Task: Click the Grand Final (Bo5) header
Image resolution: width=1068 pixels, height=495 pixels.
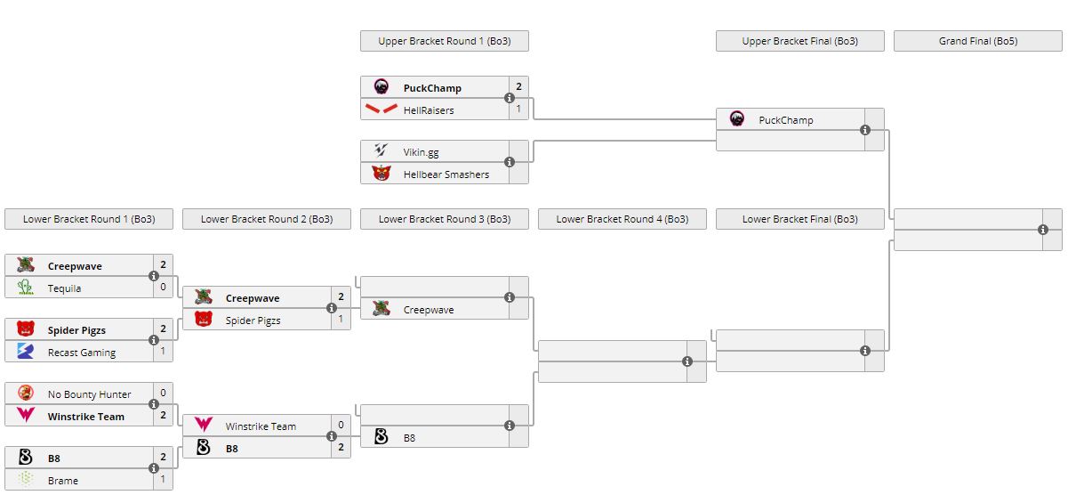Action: pyautogui.click(x=977, y=41)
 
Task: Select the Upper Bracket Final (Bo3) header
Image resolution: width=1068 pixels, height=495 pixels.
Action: pyautogui.click(x=799, y=41)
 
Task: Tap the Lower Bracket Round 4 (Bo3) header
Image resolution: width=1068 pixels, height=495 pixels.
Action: pyautogui.click(x=622, y=219)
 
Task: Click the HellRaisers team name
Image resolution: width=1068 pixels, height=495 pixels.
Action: pyautogui.click(x=429, y=110)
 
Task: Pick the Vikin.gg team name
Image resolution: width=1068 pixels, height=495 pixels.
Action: pyautogui.click(x=421, y=152)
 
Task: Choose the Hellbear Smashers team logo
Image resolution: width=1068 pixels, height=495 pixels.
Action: pyautogui.click(x=381, y=174)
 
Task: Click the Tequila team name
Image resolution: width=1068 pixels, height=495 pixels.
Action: pyautogui.click(x=64, y=288)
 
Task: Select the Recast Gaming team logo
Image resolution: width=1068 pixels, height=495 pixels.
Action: pyautogui.click(x=26, y=352)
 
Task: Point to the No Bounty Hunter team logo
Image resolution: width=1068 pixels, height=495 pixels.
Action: pyautogui.click(x=26, y=394)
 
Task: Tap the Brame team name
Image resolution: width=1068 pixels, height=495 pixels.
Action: pyautogui.click(x=62, y=481)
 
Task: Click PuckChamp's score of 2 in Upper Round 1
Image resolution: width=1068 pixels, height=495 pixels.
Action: pyautogui.click(x=518, y=87)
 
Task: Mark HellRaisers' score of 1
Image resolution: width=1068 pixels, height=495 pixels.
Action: pyautogui.click(x=518, y=110)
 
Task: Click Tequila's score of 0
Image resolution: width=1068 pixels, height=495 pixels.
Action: pyautogui.click(x=163, y=288)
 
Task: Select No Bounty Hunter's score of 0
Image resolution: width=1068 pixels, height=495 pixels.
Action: pyautogui.click(x=163, y=394)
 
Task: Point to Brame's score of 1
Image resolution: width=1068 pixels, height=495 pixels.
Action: pyautogui.click(x=163, y=480)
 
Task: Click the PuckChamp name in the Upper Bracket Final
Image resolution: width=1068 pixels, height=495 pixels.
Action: pyautogui.click(x=786, y=120)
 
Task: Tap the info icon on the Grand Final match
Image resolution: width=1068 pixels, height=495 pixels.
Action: pyautogui.click(x=1043, y=230)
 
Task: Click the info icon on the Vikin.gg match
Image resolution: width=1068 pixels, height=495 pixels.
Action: pyautogui.click(x=510, y=162)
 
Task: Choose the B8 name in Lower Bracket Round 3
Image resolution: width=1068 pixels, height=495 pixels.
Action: pyautogui.click(x=409, y=438)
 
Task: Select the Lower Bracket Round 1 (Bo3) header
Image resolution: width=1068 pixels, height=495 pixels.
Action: pyautogui.click(x=88, y=219)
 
